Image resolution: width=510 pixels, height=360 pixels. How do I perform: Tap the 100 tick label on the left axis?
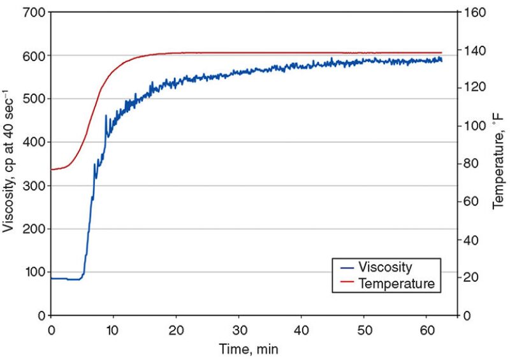(36, 272)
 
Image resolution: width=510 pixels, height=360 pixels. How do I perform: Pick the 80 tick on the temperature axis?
(471, 164)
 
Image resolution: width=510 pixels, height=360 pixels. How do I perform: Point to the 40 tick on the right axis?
(471, 240)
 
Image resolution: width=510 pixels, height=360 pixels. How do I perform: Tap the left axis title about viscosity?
(10, 164)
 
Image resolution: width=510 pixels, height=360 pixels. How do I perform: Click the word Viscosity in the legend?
(386, 267)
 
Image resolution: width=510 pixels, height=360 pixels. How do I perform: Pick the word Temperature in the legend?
(397, 283)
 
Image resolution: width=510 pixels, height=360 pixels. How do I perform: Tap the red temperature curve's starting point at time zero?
(52, 169)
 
